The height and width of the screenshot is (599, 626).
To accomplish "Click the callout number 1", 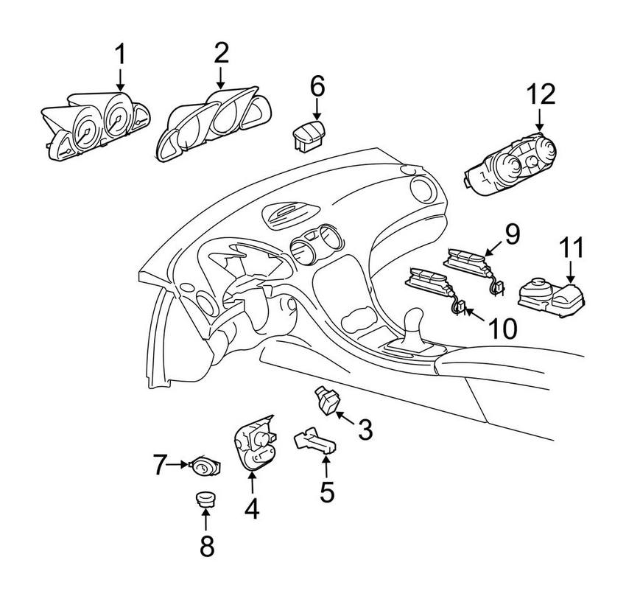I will point(120,55).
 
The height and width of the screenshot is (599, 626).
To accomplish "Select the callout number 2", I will point(221,53).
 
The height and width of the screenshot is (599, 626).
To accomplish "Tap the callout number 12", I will point(541,95).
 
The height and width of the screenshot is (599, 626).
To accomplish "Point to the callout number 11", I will point(572,249).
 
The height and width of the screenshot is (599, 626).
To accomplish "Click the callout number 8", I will point(206,546).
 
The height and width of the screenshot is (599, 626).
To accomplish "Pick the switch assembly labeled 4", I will point(254,444).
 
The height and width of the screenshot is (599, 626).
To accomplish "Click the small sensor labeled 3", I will point(325,400).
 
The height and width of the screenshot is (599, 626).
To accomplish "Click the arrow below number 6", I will point(317,111).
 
